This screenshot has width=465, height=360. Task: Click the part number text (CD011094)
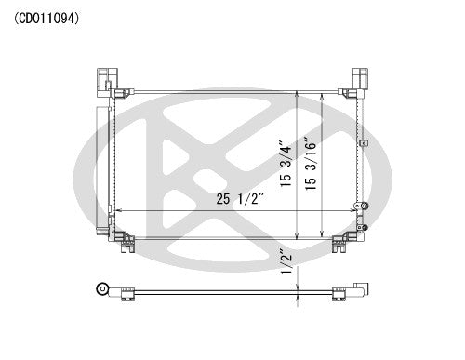[46, 17]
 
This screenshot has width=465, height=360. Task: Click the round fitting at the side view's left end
[102, 290]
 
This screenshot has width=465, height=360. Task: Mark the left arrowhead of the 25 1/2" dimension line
[118, 211]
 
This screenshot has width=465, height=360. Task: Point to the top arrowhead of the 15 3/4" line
[297, 93]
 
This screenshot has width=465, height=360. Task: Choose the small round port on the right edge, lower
[365, 207]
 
